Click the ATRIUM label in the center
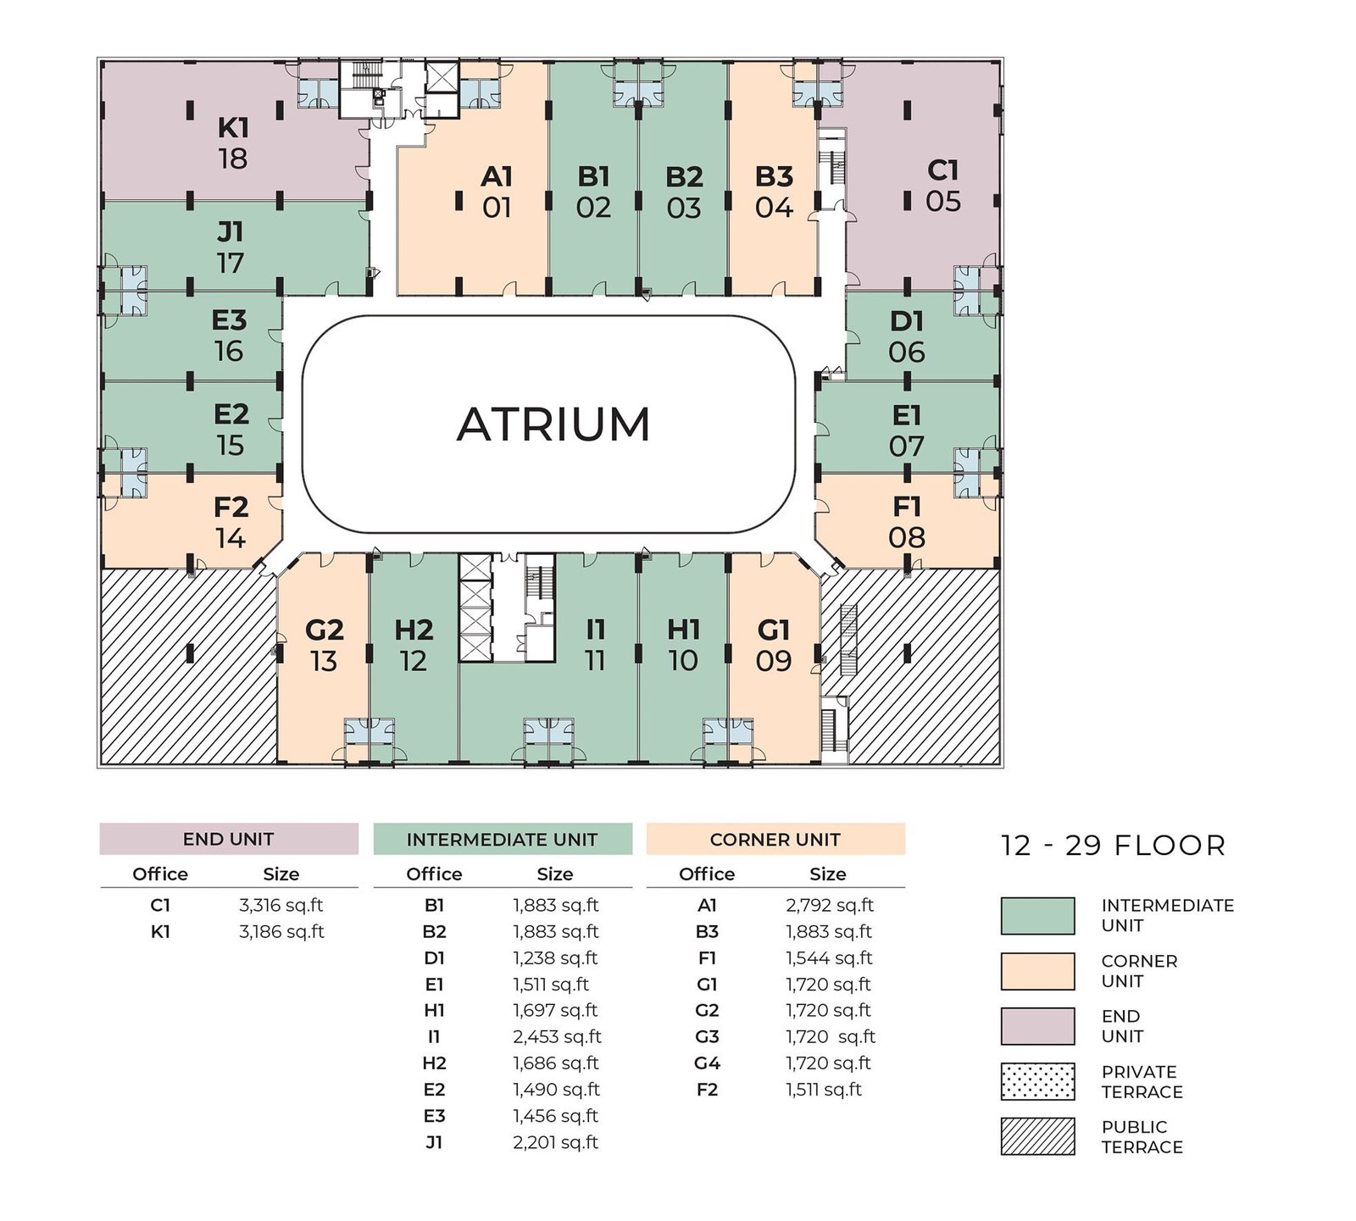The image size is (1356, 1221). point(553,425)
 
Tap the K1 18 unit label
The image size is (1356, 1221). point(233,143)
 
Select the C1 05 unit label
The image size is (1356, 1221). point(943,186)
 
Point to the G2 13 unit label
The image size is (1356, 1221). point(324,645)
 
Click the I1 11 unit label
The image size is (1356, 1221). point(596,645)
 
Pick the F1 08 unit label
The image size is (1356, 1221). point(907,522)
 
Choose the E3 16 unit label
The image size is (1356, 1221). point(229,336)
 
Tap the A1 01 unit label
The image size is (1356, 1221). point(497,191)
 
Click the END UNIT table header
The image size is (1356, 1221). point(229,839)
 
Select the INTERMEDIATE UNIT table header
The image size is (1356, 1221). point(503,839)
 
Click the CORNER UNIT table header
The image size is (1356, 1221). point(775,839)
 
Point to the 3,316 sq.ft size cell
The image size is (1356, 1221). point(281,905)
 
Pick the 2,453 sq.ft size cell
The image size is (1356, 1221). point(557,1036)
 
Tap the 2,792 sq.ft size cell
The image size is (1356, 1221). point(830,905)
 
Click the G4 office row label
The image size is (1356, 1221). point(707,1063)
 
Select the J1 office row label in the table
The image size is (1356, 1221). point(434,1142)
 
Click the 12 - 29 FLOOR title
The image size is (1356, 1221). point(1114,846)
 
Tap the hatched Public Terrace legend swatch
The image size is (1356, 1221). point(1038,1136)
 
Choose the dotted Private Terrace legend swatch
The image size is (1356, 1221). point(1038,1081)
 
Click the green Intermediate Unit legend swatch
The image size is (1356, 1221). point(1038,916)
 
